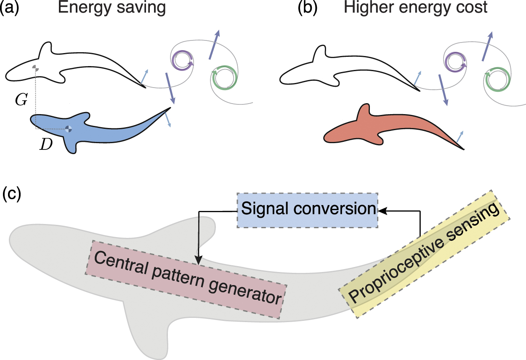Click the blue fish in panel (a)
[x=97, y=128]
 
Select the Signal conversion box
[x=308, y=210]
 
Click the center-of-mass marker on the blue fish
[x=69, y=129]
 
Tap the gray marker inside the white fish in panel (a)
[x=36, y=68]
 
